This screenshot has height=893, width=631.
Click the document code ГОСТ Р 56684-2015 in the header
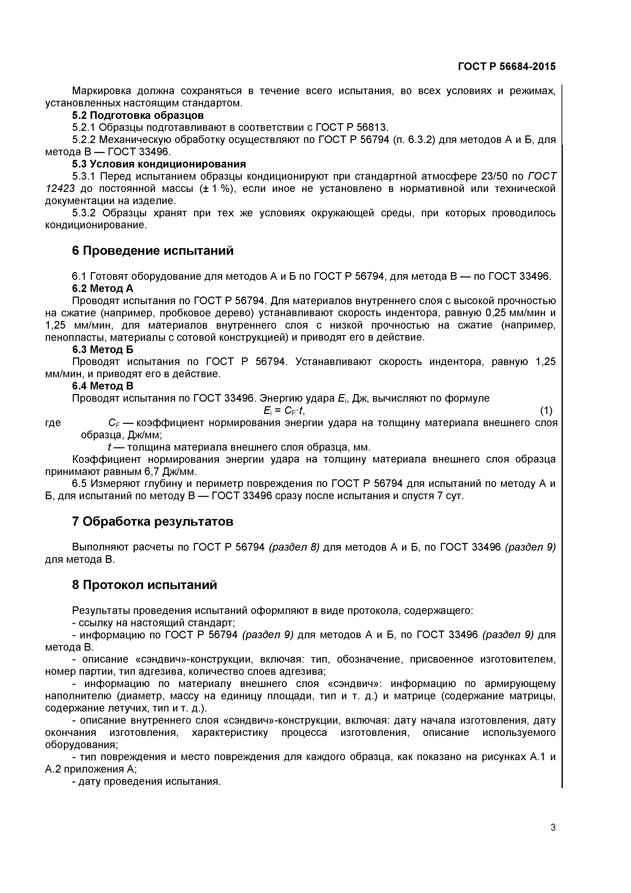507,66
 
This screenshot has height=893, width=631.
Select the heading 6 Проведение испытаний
153,251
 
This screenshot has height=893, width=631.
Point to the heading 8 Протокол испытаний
144,584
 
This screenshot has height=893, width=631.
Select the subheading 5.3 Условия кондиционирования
159,164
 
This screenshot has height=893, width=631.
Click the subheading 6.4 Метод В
103,386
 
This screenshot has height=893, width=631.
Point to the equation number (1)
546,410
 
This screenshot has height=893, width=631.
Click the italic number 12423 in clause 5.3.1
61,189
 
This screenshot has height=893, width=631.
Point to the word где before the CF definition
53,423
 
